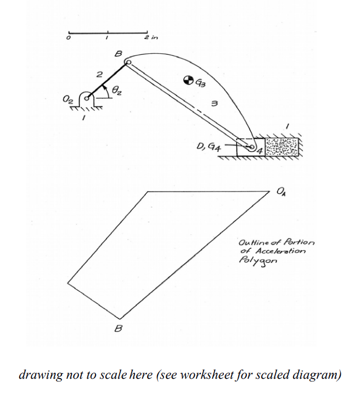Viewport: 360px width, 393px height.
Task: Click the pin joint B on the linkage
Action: pos(128,63)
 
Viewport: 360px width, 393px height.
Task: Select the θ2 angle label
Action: pos(116,91)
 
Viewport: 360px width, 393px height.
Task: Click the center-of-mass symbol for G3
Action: pos(189,81)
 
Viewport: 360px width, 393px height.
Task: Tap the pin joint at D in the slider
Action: pos(251,147)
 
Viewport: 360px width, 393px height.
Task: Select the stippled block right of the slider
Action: pos(282,147)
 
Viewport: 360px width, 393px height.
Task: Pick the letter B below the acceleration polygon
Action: pos(117,329)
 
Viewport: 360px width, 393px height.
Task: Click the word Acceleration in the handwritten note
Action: pos(277,251)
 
